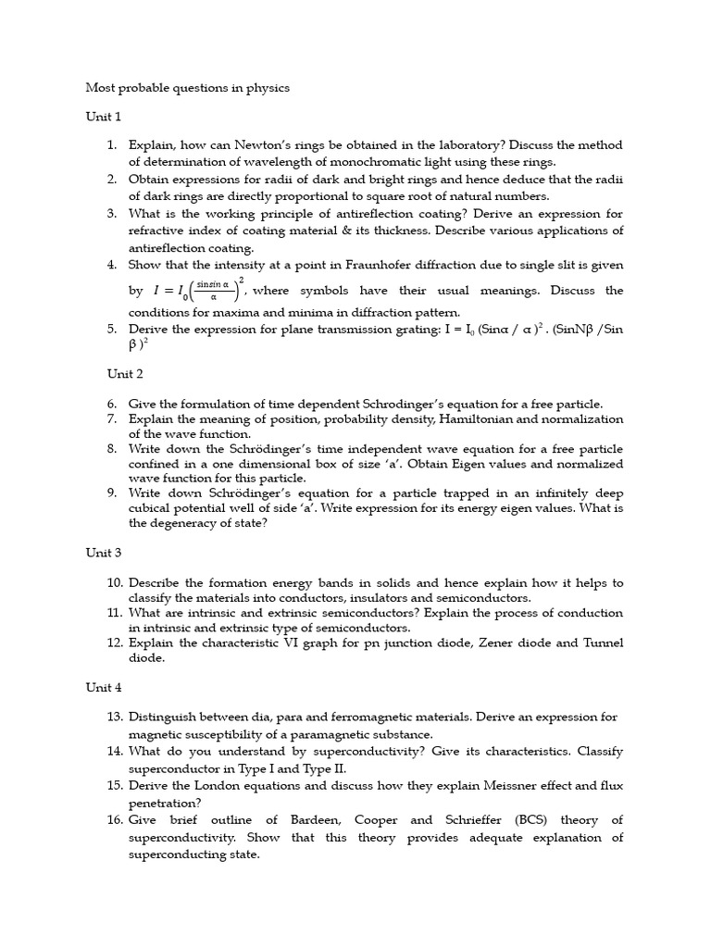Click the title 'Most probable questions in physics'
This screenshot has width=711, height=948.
coord(187,88)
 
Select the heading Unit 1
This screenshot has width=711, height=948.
coord(103,117)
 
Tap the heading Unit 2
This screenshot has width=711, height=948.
coord(125,374)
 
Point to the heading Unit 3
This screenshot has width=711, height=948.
coord(103,553)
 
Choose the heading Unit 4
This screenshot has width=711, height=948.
coord(104,688)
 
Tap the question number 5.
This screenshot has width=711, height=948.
coord(111,330)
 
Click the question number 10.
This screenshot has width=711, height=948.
coord(114,583)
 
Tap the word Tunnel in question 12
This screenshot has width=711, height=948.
coord(603,642)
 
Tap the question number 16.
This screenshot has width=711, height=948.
coord(114,820)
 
